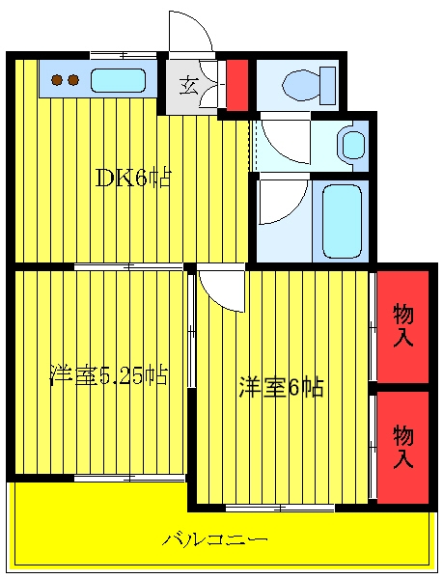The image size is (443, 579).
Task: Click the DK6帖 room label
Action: (133, 179)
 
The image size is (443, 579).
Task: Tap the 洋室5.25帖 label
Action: (109, 375)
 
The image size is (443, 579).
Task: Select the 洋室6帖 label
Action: (281, 387)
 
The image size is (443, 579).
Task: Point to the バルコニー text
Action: (215, 540)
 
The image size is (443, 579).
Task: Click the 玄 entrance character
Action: (189, 86)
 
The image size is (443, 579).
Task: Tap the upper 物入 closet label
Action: (402, 326)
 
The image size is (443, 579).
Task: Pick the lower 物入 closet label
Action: (402, 447)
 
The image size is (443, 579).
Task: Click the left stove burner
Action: (57, 79)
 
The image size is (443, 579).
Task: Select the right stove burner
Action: (73, 79)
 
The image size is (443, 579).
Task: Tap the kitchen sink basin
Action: (118, 80)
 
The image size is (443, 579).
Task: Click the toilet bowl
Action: (300, 85)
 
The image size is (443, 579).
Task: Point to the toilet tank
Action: (328, 85)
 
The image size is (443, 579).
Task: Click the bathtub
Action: (342, 221)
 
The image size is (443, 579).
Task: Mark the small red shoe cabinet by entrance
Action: (236, 85)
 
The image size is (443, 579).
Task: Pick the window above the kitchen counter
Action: (124, 55)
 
